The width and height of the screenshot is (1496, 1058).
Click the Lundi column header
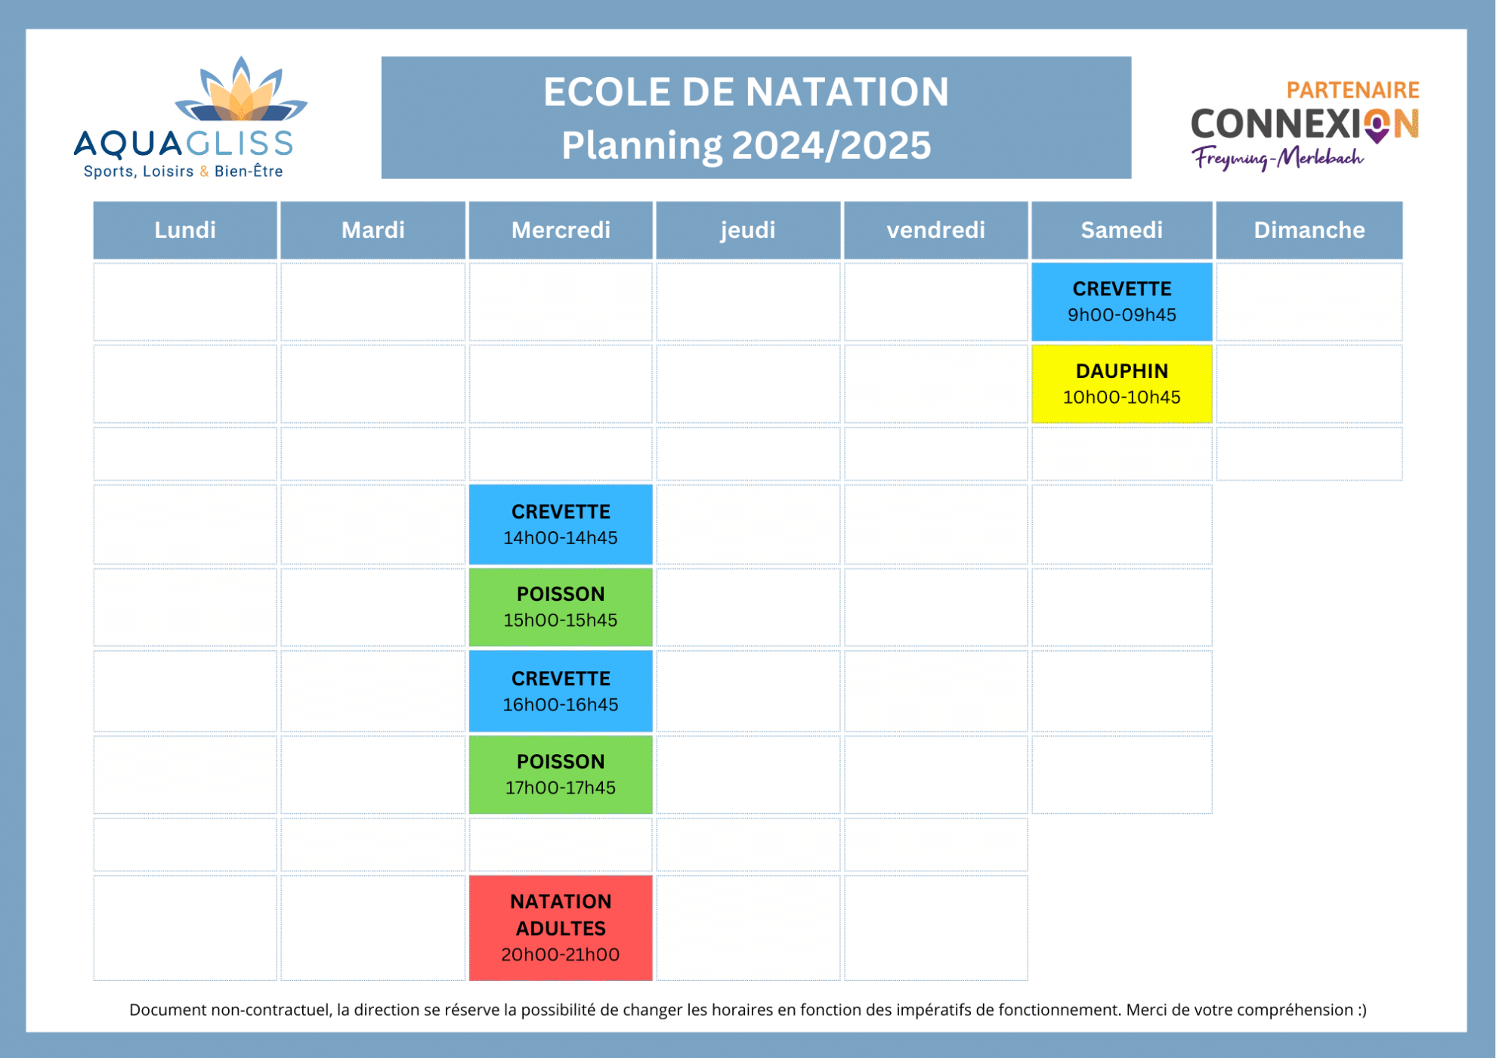(x=185, y=230)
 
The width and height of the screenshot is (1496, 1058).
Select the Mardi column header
(x=372, y=230)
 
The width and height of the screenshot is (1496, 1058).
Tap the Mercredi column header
(x=561, y=230)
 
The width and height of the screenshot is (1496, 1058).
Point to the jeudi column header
(x=748, y=230)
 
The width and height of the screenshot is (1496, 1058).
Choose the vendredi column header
(x=935, y=230)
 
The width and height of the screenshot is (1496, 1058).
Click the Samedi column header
(x=1121, y=230)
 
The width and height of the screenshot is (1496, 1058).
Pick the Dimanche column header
(x=1309, y=230)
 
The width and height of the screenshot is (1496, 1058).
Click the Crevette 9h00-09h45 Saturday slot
(x=1121, y=302)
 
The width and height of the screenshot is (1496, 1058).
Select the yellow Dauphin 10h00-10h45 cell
(x=1121, y=384)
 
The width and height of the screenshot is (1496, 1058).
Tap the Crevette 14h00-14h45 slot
(x=561, y=524)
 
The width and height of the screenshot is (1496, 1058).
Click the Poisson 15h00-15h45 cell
(x=561, y=607)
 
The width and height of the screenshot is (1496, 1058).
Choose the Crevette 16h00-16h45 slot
(x=561, y=691)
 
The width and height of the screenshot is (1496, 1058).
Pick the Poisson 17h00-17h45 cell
(x=561, y=774)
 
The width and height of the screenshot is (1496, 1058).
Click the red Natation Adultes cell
(x=561, y=927)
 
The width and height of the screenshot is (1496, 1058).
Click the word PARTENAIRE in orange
(x=1352, y=90)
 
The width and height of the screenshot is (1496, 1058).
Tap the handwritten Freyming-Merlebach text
(x=1278, y=158)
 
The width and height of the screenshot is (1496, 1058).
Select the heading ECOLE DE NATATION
(x=746, y=92)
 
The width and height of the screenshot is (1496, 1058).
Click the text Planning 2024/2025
(x=746, y=145)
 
